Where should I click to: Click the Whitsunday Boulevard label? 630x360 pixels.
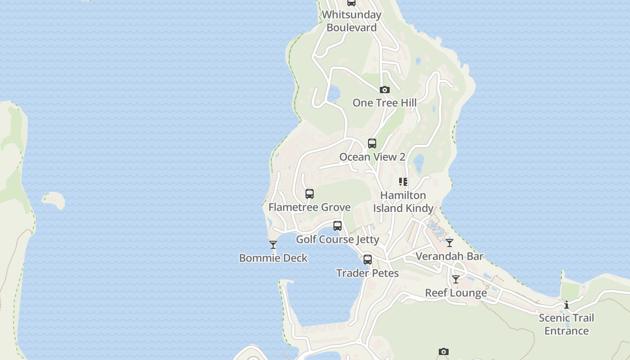coord(351,21)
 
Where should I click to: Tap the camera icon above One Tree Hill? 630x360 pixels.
coord(384,90)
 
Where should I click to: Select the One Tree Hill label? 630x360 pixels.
coord(384,103)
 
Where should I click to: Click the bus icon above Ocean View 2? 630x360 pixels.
coord(372,144)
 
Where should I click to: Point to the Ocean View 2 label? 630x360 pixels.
coord(372,157)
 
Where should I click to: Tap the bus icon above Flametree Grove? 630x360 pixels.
coord(310,194)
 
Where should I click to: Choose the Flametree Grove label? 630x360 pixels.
coord(310,207)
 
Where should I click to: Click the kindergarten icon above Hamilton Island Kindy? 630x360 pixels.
coord(403,182)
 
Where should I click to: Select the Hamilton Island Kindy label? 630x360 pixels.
coord(403,202)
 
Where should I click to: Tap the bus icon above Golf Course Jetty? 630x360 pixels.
coord(337,226)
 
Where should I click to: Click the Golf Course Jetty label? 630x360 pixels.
coord(337,239)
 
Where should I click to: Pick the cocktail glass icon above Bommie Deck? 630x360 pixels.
coord(273,245)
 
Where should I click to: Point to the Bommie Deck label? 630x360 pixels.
coord(273,258)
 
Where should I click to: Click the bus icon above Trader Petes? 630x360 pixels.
coord(368,260)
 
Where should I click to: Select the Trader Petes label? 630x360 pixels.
coord(368,273)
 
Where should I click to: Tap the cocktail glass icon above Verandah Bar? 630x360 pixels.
coord(450,243)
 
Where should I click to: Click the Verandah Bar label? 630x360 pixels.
coord(450,256)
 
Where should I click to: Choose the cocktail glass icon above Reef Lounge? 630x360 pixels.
coord(456,279)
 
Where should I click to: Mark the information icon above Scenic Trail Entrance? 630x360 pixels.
coord(567,305)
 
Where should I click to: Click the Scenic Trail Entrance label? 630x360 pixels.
coord(567,324)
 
